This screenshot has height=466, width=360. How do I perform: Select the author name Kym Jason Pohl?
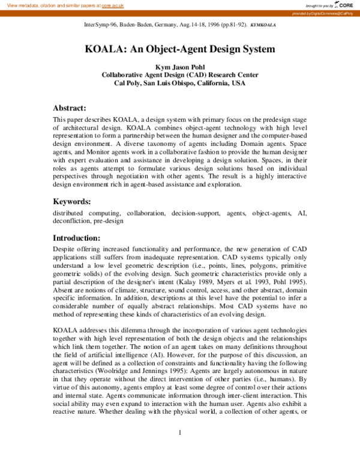pos(180,67)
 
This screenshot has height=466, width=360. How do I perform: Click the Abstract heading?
pos(70,108)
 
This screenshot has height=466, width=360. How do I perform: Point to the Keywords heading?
pos(72,201)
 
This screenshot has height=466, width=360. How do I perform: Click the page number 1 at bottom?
pos(180,450)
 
